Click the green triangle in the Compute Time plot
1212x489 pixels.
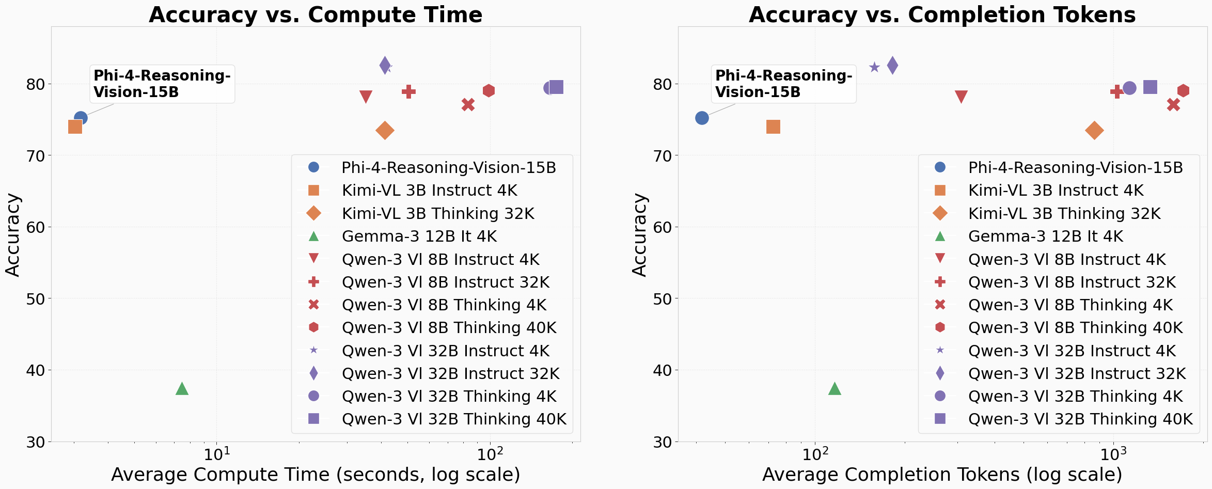[182, 389]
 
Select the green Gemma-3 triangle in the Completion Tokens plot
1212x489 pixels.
[835, 389]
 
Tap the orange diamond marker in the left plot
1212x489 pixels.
[385, 130]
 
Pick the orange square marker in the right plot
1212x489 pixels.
[773, 127]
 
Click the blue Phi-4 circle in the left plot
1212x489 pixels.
[81, 118]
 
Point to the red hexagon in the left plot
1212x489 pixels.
[489, 91]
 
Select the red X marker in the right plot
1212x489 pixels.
[1173, 105]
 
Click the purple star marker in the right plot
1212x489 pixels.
[874, 67]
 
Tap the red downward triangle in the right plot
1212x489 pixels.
[961, 97]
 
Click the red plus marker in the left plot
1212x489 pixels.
[408, 92]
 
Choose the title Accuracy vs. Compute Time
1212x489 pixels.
[316, 14]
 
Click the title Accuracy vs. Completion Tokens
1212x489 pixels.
[942, 14]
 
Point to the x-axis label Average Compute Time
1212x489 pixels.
[316, 474]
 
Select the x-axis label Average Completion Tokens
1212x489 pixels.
[942, 474]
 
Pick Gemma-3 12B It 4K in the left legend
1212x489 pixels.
[419, 236]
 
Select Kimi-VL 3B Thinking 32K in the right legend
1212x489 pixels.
[1064, 213]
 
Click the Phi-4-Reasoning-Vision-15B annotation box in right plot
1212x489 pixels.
[783, 84]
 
